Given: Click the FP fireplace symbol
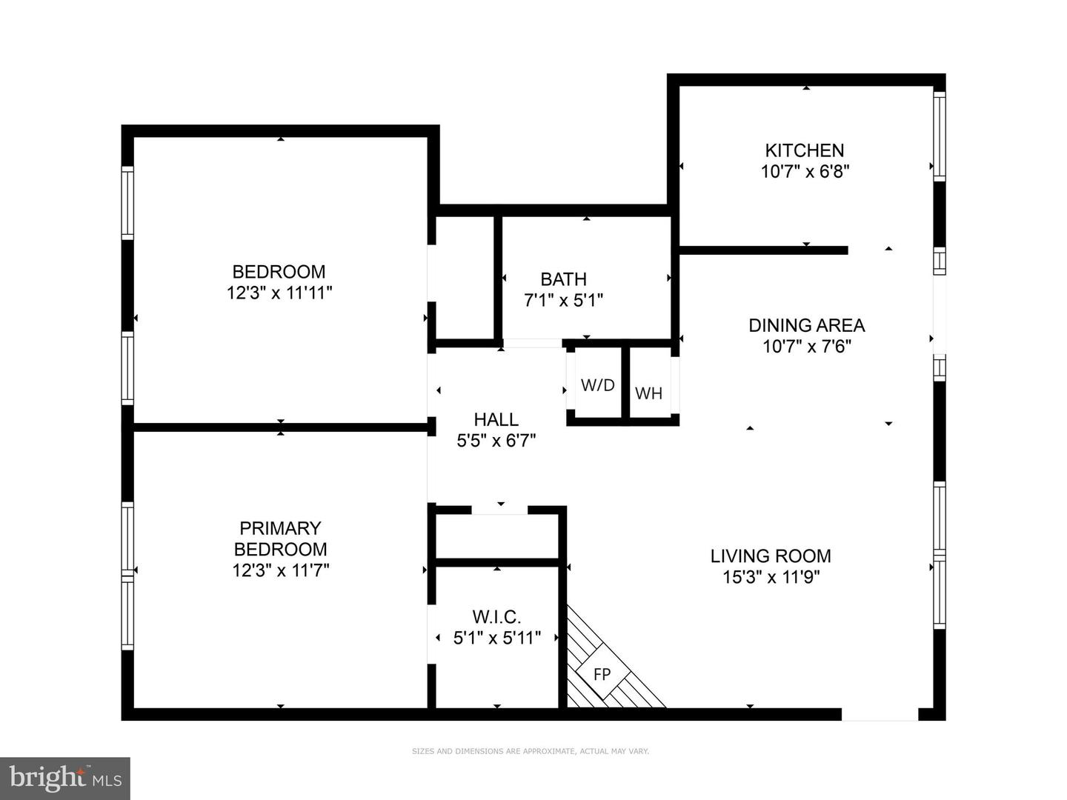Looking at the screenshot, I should click(602, 675).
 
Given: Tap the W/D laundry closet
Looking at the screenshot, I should click(597, 385).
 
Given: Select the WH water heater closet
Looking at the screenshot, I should click(648, 393).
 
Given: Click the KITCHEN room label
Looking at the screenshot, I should click(805, 150).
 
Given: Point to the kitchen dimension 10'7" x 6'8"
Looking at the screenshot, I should click(805, 172).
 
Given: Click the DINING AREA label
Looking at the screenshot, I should click(806, 325).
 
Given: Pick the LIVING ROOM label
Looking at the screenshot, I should click(771, 556).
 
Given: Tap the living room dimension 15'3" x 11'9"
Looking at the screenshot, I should click(771, 577).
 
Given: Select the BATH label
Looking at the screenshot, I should click(563, 279).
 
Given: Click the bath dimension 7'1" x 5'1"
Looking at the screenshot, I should click(563, 301).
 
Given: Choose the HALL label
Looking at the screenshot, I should click(496, 420).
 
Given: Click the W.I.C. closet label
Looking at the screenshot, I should click(496, 616).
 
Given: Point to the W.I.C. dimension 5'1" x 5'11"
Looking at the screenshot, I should click(496, 637).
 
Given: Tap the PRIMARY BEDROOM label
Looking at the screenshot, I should click(280, 539).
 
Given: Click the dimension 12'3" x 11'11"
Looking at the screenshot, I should click(279, 293).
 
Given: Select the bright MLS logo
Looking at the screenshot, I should click(65, 778).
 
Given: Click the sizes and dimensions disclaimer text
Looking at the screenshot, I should click(531, 751).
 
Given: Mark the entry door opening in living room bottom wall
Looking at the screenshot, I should click(880, 714).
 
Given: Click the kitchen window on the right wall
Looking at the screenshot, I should click(939, 136).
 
